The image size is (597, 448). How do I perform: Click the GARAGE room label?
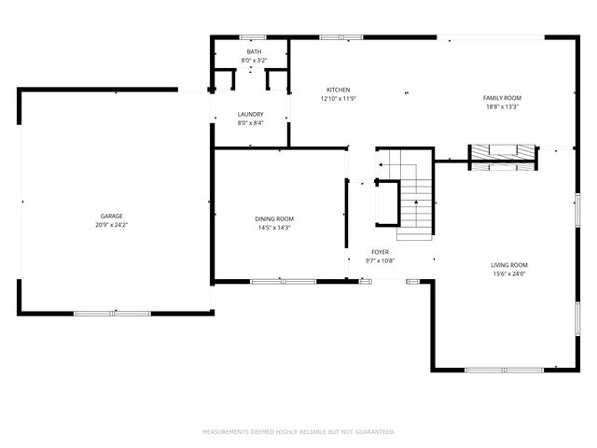point(112,216)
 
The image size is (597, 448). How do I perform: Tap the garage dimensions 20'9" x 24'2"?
point(112,225)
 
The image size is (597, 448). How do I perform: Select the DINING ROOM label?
point(274,218)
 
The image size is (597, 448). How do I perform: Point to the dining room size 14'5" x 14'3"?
point(274,228)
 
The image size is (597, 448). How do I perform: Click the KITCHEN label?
point(337,90)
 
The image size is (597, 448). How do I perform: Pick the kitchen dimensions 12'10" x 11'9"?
point(337,99)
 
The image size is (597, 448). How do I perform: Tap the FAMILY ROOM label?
point(501,98)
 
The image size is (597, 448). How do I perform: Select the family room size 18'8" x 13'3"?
point(501,107)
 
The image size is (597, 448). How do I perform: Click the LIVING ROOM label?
point(509,264)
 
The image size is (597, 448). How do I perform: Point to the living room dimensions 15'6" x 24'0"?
point(509,273)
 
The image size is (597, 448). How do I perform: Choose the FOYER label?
point(380,252)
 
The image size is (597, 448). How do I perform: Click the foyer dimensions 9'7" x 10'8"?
point(380,261)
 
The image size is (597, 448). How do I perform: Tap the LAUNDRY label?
point(250,114)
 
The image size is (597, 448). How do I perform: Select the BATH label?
point(254,51)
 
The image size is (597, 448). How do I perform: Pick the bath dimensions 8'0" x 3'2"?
point(254,61)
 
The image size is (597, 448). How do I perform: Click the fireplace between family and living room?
point(503,154)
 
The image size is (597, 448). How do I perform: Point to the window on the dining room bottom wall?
point(283,281)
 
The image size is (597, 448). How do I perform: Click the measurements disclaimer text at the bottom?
point(298,432)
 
